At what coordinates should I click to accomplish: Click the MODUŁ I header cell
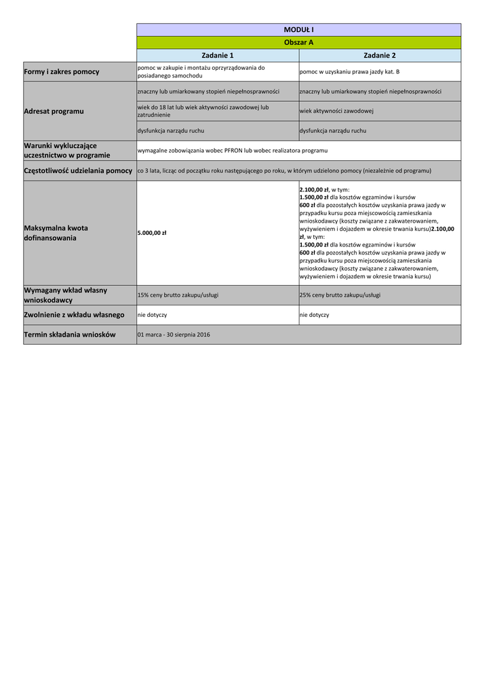click(298, 30)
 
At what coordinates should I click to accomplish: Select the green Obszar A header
click(298, 42)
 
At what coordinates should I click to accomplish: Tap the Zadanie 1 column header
click(218, 55)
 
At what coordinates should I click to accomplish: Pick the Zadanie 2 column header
click(379, 55)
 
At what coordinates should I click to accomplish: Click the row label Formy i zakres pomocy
click(62, 71)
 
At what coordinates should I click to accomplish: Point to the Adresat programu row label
click(54, 111)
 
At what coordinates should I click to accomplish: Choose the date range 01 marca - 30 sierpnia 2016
click(174, 335)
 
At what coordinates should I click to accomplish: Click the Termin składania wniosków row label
click(70, 335)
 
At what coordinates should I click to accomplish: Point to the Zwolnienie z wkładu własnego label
click(74, 315)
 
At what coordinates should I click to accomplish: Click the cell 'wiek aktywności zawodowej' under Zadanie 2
click(337, 111)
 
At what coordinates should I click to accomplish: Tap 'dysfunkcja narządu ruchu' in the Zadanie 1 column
click(171, 130)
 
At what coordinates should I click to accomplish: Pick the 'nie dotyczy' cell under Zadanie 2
click(315, 315)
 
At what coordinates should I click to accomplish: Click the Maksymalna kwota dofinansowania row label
click(56, 233)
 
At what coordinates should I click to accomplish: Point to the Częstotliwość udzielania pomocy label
click(78, 170)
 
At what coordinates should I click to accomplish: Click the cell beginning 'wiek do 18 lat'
click(203, 111)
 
